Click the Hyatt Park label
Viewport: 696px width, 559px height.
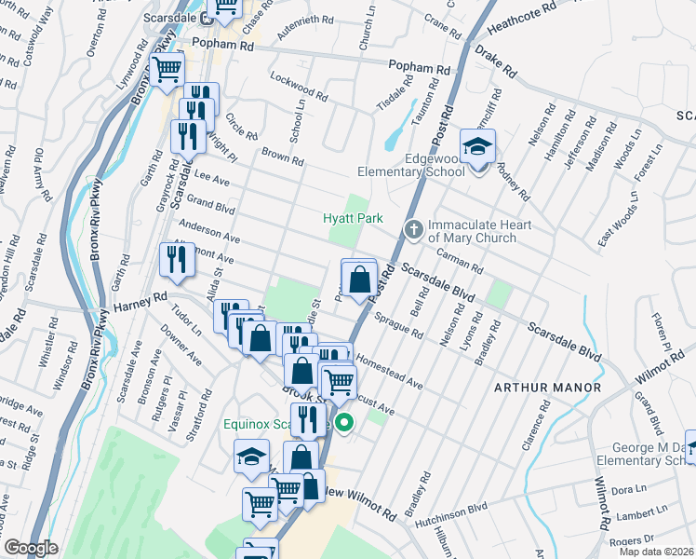[x=353, y=218]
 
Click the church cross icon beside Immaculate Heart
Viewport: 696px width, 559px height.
[x=414, y=227]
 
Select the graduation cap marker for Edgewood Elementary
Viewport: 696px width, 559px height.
[x=478, y=147]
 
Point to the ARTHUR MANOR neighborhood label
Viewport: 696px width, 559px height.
[x=547, y=387]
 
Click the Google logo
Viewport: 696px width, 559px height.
[x=31, y=548]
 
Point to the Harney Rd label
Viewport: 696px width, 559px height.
[x=141, y=306]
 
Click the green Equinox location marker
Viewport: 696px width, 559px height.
[x=344, y=424]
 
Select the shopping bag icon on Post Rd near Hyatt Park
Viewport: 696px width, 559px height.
[x=359, y=278]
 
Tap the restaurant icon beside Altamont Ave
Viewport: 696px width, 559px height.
[x=174, y=261]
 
